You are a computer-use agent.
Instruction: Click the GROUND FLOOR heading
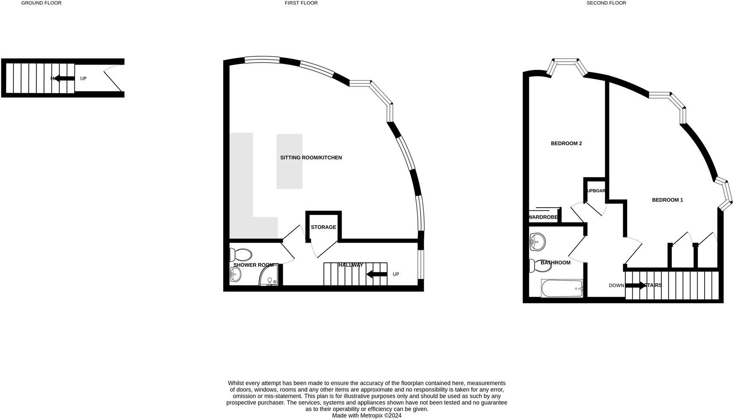(41, 3)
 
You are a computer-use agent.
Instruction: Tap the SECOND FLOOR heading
(606, 3)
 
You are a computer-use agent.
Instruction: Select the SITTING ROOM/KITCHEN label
(311, 158)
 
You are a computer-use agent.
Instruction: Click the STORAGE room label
(323, 227)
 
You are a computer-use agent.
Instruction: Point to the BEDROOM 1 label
(667, 200)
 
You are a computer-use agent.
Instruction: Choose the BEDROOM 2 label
(566, 144)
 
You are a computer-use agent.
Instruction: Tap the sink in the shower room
(235, 273)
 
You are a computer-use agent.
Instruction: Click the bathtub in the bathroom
(562, 288)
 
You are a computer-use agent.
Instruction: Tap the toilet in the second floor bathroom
(539, 265)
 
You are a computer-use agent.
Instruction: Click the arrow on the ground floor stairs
(64, 79)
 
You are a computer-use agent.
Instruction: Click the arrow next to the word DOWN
(635, 285)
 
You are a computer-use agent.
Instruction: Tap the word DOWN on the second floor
(616, 285)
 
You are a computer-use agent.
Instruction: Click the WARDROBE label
(543, 217)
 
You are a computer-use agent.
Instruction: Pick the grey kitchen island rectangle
(289, 161)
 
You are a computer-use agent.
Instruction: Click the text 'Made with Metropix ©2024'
(366, 416)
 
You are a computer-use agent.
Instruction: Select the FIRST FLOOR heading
(301, 3)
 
